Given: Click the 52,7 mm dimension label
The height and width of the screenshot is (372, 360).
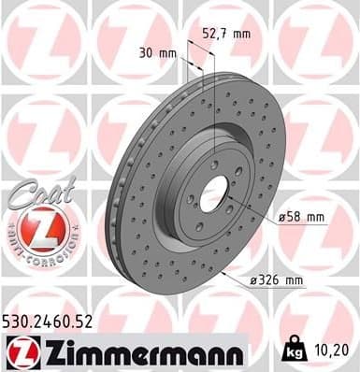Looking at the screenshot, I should [x=227, y=34].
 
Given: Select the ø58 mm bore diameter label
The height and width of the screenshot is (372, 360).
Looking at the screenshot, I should [x=303, y=218].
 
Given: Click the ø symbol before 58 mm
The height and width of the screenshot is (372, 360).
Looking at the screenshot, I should [x=283, y=218].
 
